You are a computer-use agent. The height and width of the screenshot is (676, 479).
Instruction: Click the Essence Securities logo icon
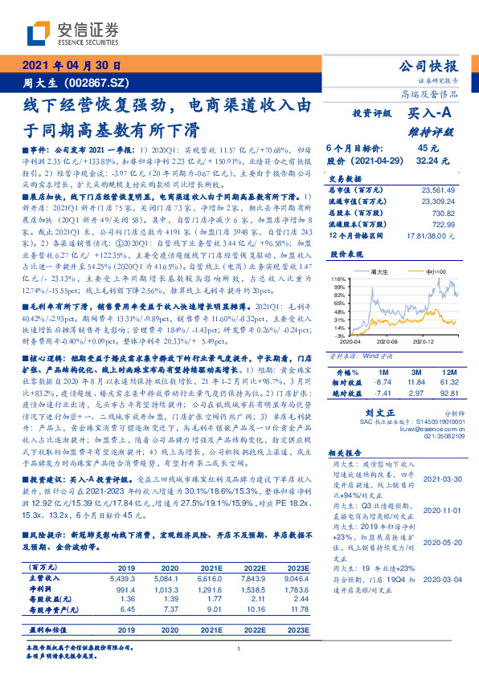[41, 32]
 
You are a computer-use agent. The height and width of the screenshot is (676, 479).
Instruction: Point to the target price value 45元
[428, 148]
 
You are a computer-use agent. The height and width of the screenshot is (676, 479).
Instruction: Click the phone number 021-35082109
[439, 436]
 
